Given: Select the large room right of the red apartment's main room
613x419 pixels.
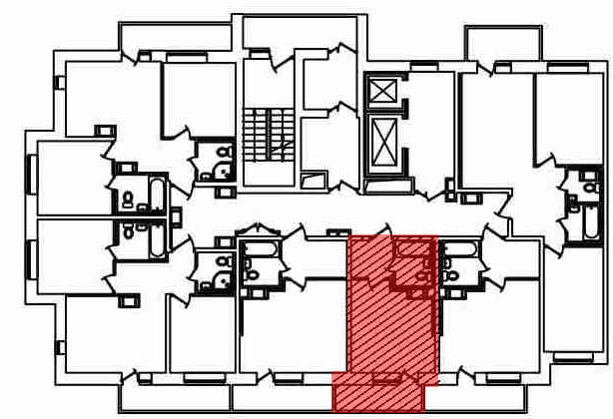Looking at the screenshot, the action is coord(489,329).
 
